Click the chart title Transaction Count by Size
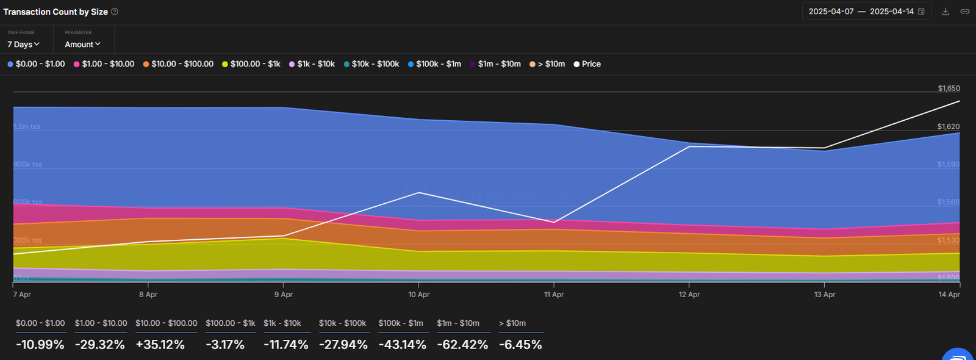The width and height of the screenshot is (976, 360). pyautogui.click(x=56, y=12)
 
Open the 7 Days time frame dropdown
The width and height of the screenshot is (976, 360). pyautogui.click(x=23, y=45)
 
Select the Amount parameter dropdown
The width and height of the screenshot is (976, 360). pyautogui.click(x=82, y=45)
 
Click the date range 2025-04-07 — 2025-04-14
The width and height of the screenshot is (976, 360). pyautogui.click(x=861, y=12)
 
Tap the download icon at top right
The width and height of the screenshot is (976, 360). pyautogui.click(x=945, y=12)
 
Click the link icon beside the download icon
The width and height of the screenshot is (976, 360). pyautogui.click(x=965, y=12)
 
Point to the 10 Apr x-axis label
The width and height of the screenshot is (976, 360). pyautogui.click(x=418, y=295)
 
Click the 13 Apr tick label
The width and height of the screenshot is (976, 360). pyautogui.click(x=825, y=295)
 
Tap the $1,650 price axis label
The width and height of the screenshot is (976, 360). pyautogui.click(x=949, y=88)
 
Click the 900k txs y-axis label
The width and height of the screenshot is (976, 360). pyautogui.click(x=28, y=165)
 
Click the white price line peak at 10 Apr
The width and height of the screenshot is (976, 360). pyautogui.click(x=419, y=193)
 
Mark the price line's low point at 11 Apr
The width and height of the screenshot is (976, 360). pyautogui.click(x=553, y=222)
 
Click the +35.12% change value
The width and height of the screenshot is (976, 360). pyautogui.click(x=160, y=345)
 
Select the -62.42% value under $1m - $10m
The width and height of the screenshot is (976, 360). pyautogui.click(x=462, y=345)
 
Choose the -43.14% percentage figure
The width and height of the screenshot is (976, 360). pyautogui.click(x=402, y=345)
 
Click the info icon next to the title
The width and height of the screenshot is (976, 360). pyautogui.click(x=115, y=12)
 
